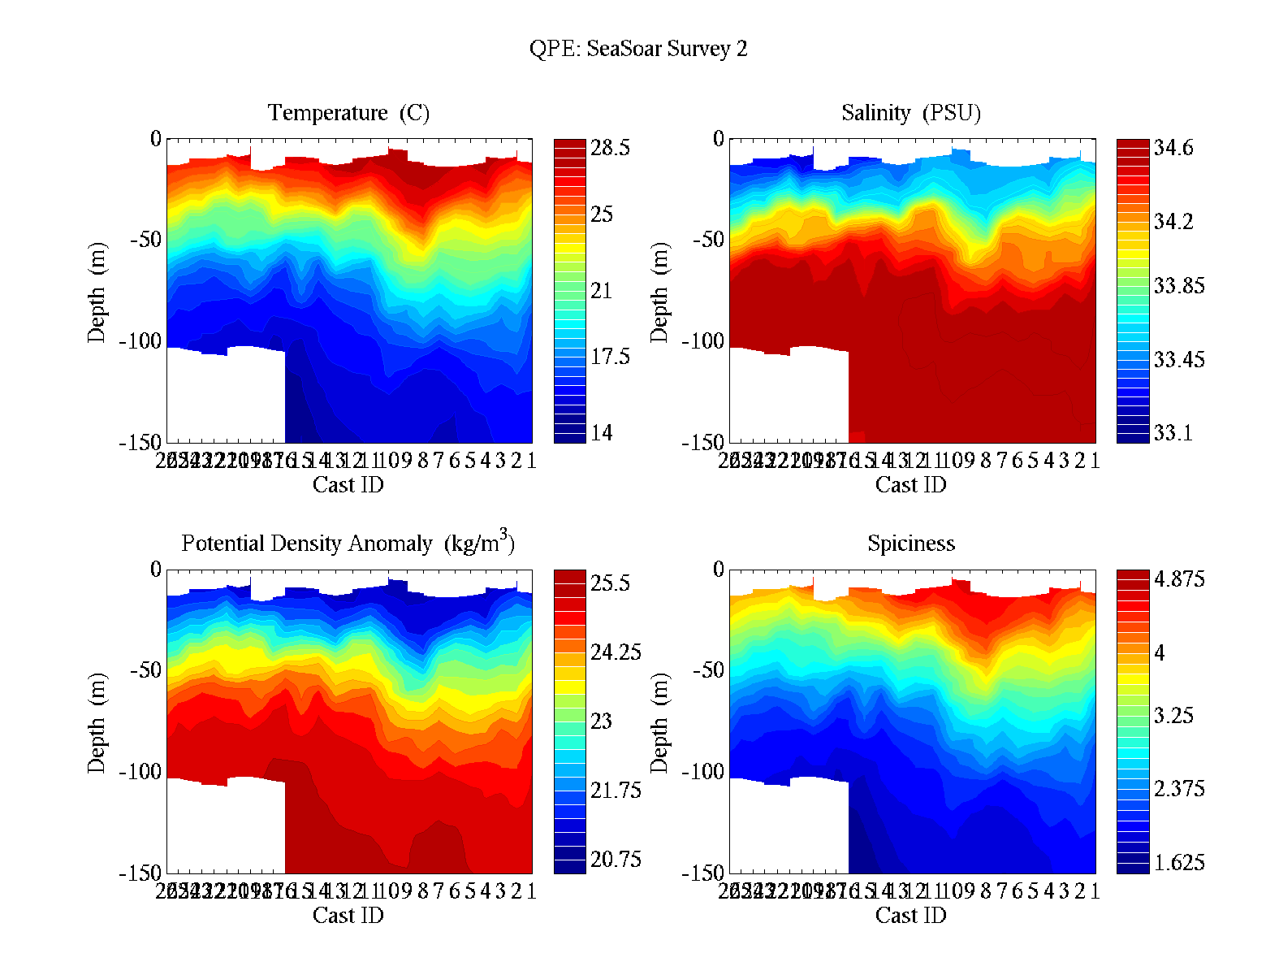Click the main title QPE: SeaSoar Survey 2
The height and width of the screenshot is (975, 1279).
[x=638, y=49]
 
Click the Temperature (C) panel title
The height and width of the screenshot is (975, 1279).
[x=348, y=112]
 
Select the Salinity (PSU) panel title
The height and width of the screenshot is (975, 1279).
[x=911, y=112]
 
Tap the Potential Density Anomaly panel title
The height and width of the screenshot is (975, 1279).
[x=348, y=542]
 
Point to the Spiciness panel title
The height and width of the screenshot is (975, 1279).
[x=911, y=543]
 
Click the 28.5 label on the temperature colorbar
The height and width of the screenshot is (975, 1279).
[x=610, y=148]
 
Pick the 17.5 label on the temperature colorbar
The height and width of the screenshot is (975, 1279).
[x=610, y=356]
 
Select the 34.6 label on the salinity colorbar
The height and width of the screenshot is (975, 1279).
[x=1173, y=148]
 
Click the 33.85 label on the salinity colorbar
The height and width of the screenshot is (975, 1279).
[x=1179, y=286]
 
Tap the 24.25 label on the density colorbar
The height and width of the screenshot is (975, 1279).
[x=616, y=652]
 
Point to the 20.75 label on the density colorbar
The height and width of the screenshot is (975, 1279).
[x=616, y=859]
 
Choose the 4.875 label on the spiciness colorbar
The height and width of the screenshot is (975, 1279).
[x=1179, y=579]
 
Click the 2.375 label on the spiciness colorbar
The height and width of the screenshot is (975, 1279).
[x=1179, y=789]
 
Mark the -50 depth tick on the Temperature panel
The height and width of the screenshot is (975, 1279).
[x=145, y=240]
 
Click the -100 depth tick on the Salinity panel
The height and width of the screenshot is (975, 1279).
[x=704, y=341]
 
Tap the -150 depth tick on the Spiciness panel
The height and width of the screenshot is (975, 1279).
[x=704, y=873]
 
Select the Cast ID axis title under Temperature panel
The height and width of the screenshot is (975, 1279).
[x=348, y=485]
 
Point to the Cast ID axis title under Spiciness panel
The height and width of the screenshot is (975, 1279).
[x=911, y=916]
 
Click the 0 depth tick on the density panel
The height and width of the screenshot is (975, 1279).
[x=156, y=570]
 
